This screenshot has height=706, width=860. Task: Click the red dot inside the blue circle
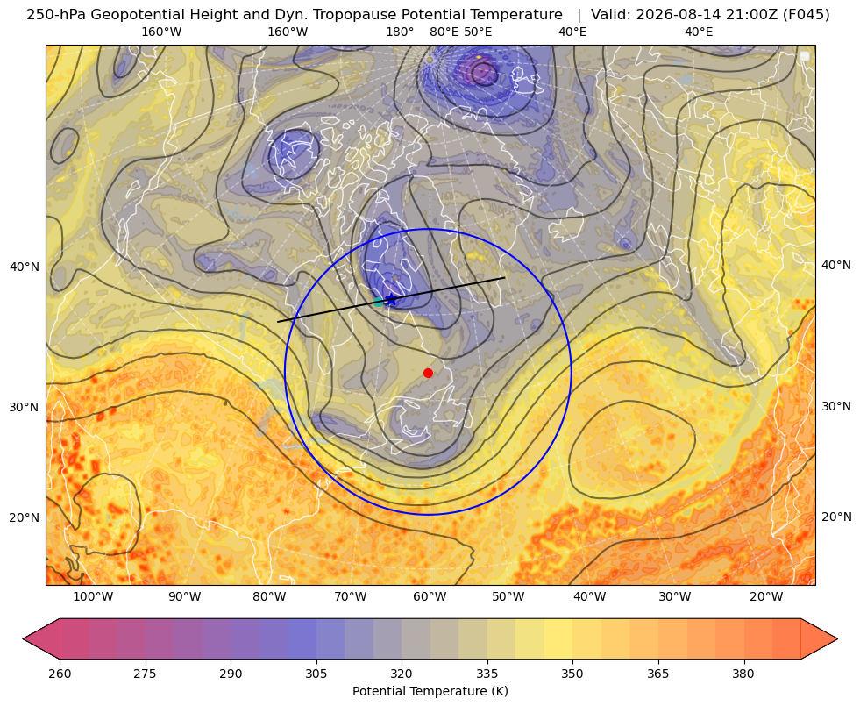(428, 373)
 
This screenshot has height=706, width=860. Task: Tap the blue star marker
(391, 300)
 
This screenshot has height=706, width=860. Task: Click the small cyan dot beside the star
(379, 303)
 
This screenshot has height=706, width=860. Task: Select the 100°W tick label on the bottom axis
(93, 596)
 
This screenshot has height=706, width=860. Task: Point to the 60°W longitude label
(430, 596)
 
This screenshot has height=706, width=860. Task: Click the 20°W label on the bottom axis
(765, 596)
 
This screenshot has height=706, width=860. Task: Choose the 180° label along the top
(400, 32)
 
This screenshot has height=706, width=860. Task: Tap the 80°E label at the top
(444, 32)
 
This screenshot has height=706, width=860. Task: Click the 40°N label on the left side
(25, 267)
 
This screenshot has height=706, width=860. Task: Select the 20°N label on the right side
(836, 517)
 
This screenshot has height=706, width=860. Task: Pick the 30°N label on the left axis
(25, 408)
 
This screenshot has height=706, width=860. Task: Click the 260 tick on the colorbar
(60, 674)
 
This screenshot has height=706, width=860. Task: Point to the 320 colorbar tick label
(402, 674)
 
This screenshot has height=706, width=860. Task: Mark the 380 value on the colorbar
(743, 674)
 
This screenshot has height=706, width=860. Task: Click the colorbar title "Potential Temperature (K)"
(430, 691)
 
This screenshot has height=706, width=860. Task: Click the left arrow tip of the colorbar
(24, 638)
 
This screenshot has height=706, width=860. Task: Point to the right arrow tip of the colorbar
(837, 638)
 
